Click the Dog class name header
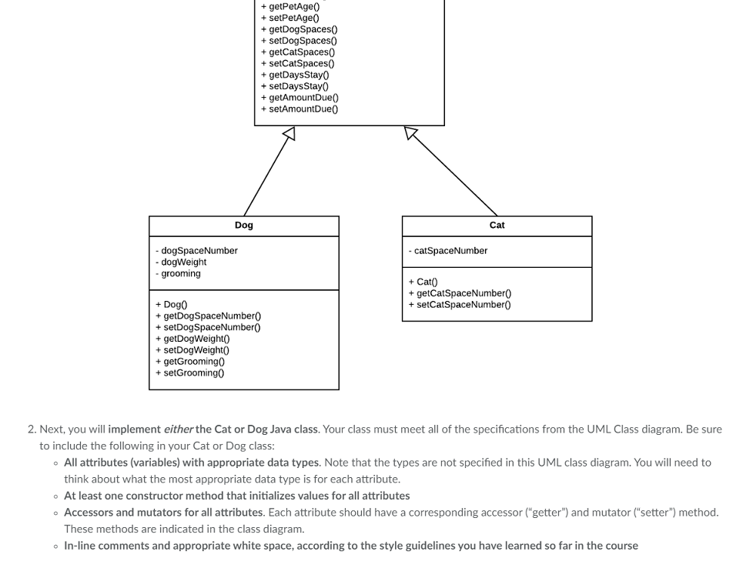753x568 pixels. tap(243, 226)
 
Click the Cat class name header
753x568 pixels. tap(497, 226)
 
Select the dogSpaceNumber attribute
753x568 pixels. tap(199, 251)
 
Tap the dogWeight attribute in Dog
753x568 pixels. tap(183, 262)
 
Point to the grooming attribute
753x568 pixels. tap(180, 274)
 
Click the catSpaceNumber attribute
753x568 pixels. tap(450, 251)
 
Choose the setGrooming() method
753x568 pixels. tap(192, 373)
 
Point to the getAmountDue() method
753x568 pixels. tap(303, 98)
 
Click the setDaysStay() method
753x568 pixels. tap(298, 86)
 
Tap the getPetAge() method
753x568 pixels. tap(293, 6)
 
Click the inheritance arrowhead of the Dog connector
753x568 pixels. tap(288, 135)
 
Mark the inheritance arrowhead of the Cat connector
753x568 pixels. tap(411, 134)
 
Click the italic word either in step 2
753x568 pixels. tap(178, 429)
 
